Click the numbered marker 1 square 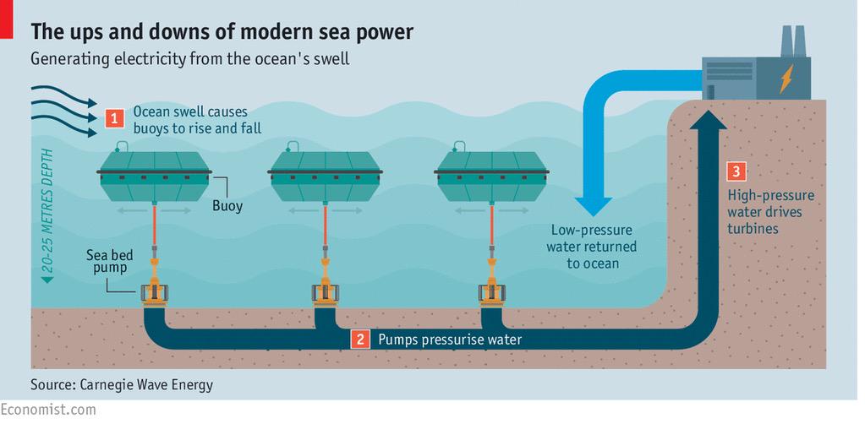click(111, 118)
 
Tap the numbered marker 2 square click(360, 340)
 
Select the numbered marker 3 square click(736, 172)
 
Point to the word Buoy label click(227, 205)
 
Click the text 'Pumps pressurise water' click(450, 340)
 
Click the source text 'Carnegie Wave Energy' click(146, 384)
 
